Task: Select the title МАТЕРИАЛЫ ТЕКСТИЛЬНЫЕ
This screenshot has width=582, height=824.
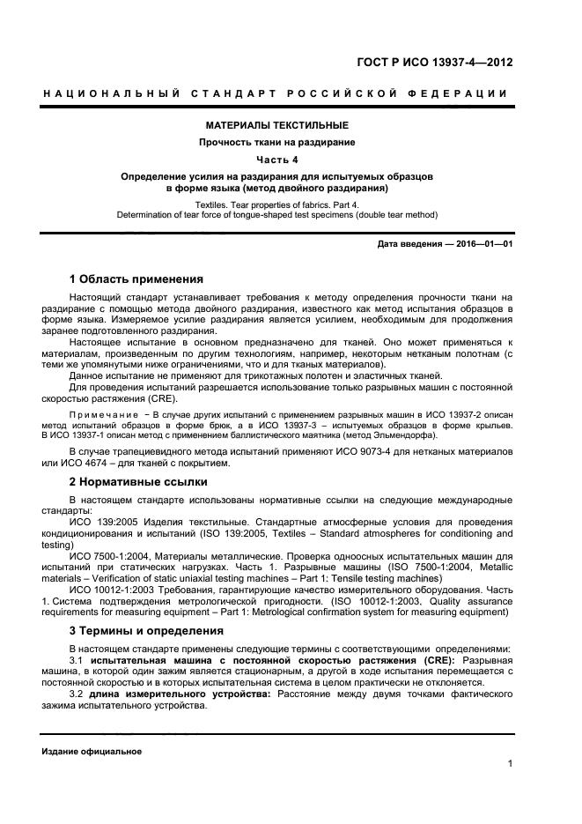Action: coord(276,125)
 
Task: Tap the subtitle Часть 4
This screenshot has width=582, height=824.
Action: coord(276,159)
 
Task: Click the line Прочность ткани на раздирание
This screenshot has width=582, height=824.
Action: coord(276,142)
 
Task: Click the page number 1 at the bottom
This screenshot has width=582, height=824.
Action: coord(510,764)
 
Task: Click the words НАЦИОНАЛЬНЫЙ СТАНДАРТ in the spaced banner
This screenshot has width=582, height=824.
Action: coord(163,93)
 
